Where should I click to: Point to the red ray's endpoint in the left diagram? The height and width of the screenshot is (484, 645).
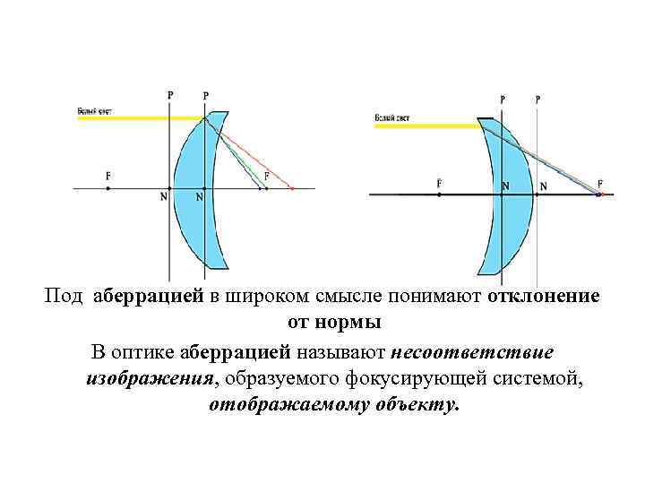[292, 188]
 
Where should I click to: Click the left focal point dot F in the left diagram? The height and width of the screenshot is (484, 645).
[108, 188]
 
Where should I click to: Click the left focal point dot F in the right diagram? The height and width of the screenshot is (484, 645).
[439, 194]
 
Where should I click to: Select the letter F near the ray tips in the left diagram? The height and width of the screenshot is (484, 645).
[267, 175]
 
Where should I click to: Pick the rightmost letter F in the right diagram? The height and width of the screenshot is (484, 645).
[600, 182]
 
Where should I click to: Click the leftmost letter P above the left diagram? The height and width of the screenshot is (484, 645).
[170, 94]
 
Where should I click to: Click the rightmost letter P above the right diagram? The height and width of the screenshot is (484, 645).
[537, 99]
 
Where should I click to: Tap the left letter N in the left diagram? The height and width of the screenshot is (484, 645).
[163, 198]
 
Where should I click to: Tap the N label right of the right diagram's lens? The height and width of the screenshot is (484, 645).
[543, 186]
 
